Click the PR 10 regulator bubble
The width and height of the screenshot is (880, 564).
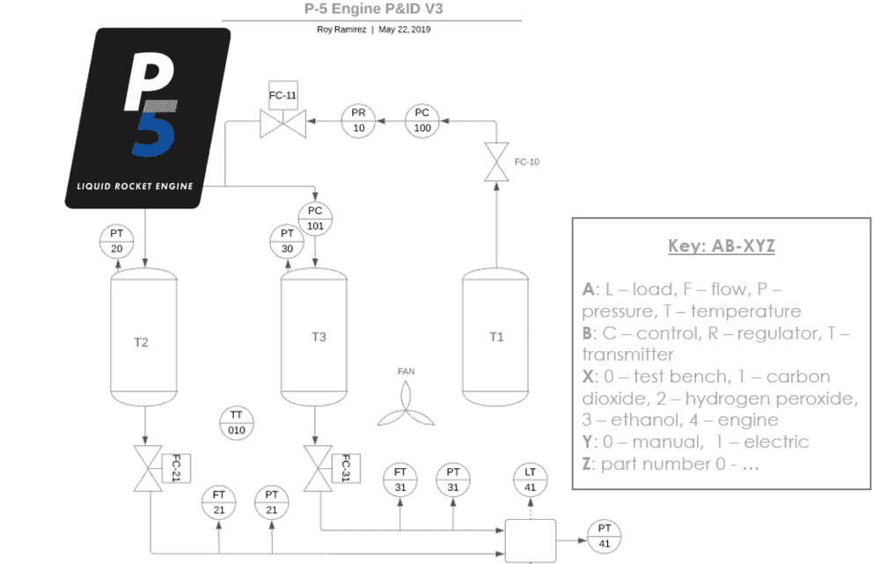pyautogui.click(x=358, y=121)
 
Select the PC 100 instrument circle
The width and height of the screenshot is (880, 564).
pyautogui.click(x=422, y=121)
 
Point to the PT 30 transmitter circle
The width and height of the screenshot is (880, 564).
pyautogui.click(x=286, y=241)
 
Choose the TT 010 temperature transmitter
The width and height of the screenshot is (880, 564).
pyautogui.click(x=236, y=422)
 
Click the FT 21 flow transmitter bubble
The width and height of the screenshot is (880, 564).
pyautogui.click(x=219, y=502)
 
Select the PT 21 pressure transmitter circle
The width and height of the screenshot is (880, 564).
pyautogui.click(x=272, y=502)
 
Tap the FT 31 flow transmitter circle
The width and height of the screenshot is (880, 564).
pyautogui.click(x=400, y=480)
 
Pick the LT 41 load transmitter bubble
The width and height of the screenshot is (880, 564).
pyautogui.click(x=530, y=480)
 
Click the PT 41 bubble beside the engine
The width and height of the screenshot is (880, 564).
pyautogui.click(x=604, y=535)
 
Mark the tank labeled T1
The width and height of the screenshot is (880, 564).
pyautogui.click(x=496, y=337)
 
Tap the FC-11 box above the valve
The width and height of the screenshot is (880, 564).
pyautogui.click(x=282, y=94)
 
